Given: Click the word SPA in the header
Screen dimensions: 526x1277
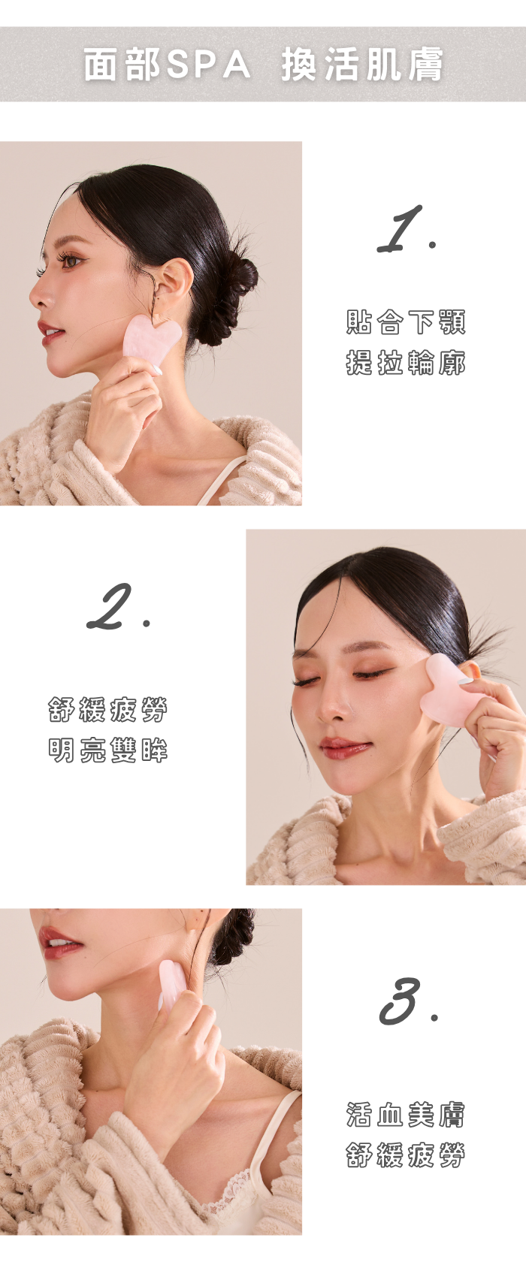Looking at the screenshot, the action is [x=208, y=64].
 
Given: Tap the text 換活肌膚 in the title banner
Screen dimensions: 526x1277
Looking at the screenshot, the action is [x=361, y=64].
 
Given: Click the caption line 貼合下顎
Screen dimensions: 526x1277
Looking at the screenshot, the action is [x=406, y=322].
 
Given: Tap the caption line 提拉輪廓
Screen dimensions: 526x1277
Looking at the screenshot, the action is [x=406, y=363].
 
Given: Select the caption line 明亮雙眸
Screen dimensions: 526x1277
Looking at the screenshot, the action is [x=107, y=750].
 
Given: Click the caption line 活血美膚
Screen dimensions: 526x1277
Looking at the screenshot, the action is [x=406, y=1115].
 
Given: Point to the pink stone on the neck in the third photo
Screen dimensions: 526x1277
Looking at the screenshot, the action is [x=171, y=985].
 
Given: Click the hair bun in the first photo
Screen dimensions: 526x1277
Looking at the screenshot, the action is [x=231, y=301].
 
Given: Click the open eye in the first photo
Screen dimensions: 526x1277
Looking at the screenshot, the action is [x=71, y=261].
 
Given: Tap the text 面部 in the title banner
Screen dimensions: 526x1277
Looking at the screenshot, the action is [x=122, y=64].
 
